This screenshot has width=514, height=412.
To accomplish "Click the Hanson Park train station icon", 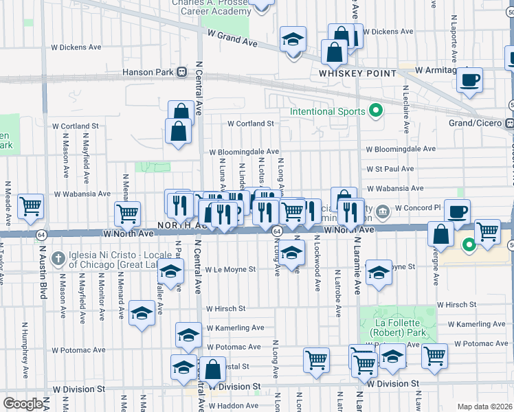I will coord(182,71).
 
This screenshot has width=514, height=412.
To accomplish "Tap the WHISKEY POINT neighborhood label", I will coord(357,73).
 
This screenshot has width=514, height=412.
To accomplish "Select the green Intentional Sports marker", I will coord(376,110).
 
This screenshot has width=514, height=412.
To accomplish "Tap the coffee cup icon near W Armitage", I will coord(471,79).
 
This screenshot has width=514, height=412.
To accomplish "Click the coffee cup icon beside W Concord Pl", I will coord(458,211).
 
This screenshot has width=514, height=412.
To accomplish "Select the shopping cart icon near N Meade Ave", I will coord(31,205).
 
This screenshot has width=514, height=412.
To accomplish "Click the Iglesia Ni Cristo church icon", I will coord(60,257).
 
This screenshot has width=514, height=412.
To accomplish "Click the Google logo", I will coord(22,404).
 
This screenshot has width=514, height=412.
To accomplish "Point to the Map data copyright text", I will coord(485,407).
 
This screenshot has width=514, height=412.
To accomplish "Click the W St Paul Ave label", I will coord(390,168).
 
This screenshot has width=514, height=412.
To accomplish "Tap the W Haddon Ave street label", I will coord(229,406).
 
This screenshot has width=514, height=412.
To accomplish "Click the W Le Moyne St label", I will coord(230,270).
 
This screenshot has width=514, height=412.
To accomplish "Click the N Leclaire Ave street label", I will coord(406,109).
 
